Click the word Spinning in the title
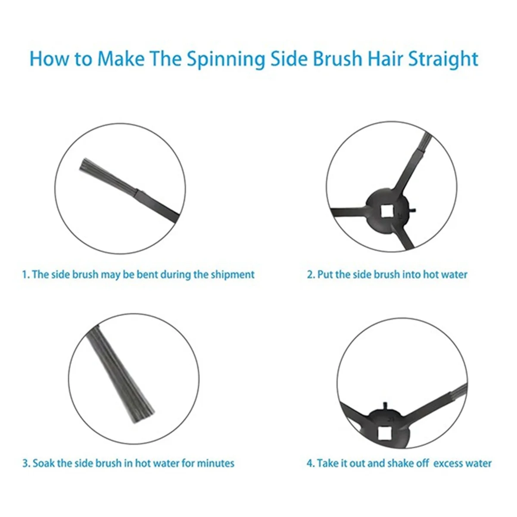coord(226,59)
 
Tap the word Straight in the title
coord(443,59)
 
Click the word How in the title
coord(49,59)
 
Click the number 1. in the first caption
coord(26,275)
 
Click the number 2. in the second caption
coord(311,274)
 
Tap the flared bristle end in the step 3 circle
coord(143,416)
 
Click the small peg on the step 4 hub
coord(385,405)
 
